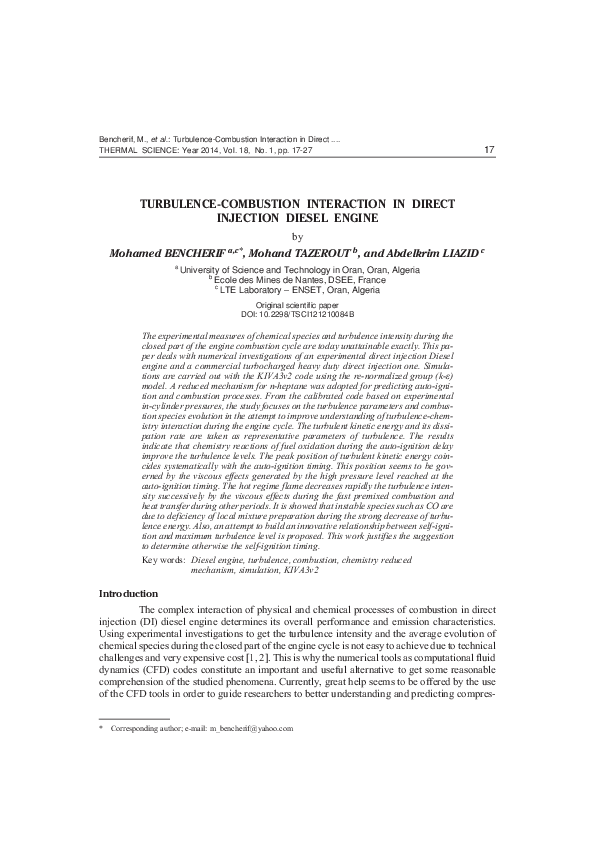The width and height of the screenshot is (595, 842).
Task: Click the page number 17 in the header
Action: pyautogui.click(x=489, y=150)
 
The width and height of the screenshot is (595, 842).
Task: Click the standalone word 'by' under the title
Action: pyautogui.click(x=296, y=236)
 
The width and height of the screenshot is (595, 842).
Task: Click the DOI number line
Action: pyautogui.click(x=297, y=314)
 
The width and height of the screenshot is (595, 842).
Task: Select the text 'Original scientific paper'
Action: pyautogui.click(x=297, y=304)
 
